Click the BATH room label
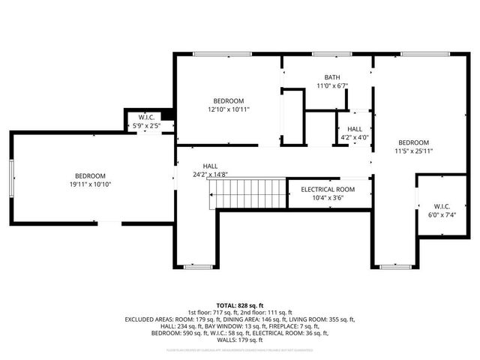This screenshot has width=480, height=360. click(331, 77)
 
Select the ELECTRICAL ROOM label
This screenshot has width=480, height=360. click(328, 190)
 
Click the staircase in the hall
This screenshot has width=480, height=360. click(248, 193)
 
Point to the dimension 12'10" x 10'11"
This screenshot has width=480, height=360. click(229, 109)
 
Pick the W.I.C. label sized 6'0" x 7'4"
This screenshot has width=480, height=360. click(442, 206)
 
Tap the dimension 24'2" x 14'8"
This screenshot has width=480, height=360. click(210, 175)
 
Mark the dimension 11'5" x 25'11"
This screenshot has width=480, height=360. click(413, 151)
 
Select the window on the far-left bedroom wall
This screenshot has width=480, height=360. click(11, 178)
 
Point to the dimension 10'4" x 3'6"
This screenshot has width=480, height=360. click(328, 198)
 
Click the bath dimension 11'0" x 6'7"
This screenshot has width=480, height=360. click(331, 85)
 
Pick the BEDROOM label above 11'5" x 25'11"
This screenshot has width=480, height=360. click(413, 142)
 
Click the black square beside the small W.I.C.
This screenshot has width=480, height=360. click(169, 114)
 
